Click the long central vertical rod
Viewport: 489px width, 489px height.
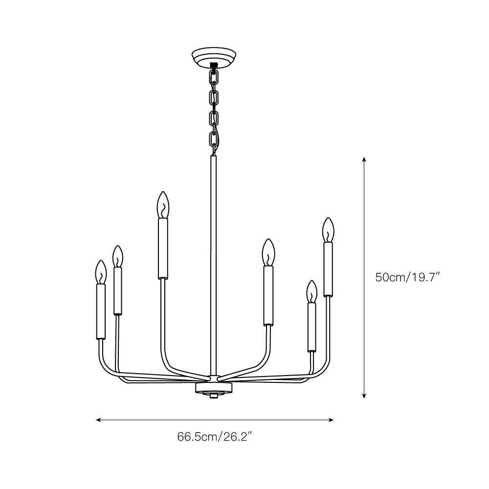coord(213,264)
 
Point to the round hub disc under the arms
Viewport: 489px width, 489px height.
coord(213,388)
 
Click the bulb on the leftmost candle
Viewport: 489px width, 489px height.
coord(101,272)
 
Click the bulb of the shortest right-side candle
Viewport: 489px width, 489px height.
coord(311,292)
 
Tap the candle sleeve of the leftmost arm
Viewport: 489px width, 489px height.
coord(101,311)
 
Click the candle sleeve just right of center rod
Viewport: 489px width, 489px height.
coord(268,295)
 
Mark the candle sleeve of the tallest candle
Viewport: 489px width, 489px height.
coord(163,248)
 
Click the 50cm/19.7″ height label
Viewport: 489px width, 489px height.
coord(408,277)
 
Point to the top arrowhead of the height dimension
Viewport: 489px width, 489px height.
coord(364,159)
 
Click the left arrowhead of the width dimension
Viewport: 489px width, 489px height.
coord(98,420)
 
